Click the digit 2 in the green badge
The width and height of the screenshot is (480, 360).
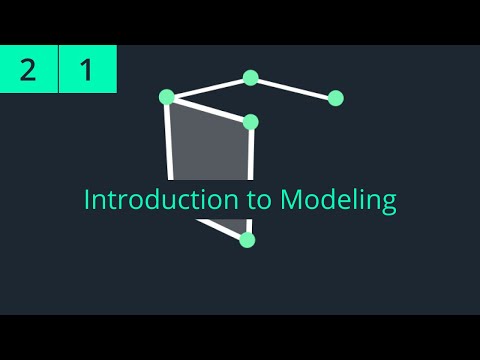point(29,70)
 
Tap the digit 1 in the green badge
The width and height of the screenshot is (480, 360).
point(87,70)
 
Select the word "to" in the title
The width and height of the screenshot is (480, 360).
point(259,199)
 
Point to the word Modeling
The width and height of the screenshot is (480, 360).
point(338,200)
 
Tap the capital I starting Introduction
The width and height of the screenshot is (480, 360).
point(87,199)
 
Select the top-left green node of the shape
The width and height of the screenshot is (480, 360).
point(167,97)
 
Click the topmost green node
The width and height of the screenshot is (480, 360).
point(251,78)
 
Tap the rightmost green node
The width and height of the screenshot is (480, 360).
point(336,98)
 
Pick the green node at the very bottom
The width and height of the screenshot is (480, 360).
point(248,240)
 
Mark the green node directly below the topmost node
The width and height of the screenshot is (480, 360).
point(251,122)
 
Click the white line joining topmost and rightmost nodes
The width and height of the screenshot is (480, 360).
point(293,88)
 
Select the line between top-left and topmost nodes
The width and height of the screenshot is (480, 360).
point(209,87)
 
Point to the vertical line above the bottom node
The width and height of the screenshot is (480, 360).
point(250,160)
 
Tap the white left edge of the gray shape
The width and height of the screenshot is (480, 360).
point(169,140)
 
